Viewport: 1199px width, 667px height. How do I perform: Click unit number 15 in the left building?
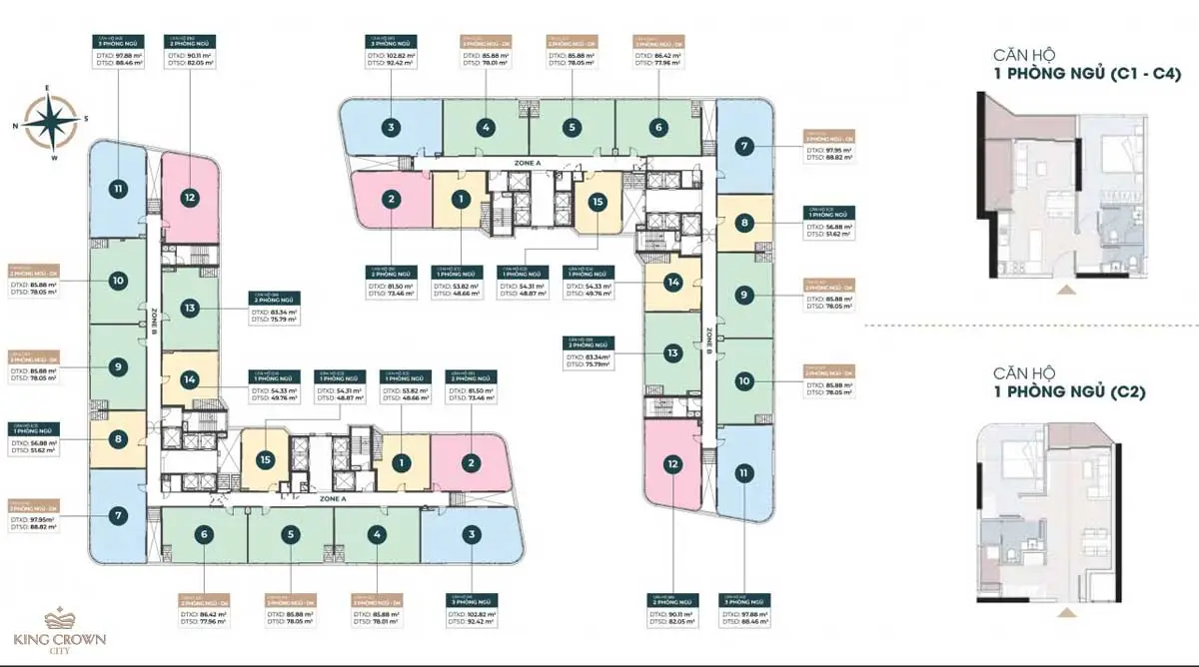[265, 459]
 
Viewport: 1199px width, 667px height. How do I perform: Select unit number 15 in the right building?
[598, 202]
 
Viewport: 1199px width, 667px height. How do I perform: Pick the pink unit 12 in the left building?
[190, 198]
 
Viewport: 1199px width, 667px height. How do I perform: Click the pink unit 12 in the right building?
[673, 464]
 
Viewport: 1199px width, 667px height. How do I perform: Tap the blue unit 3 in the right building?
[391, 127]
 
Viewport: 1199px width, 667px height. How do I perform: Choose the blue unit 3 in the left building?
[471, 535]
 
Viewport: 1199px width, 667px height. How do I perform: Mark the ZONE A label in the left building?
[333, 498]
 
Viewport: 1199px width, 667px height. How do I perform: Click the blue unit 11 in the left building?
[118, 188]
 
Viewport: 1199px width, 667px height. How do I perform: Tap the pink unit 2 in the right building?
[391, 201]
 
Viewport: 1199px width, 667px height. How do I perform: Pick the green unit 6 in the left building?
[204, 534]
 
